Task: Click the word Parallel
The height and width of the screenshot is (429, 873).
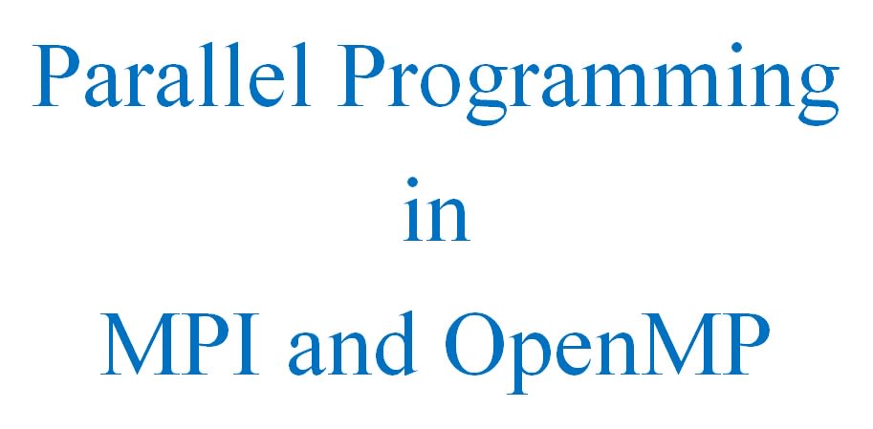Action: [171, 75]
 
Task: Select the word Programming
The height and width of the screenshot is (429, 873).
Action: [588, 83]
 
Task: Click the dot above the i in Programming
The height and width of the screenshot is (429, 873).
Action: [736, 48]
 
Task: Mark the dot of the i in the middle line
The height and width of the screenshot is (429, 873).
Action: [412, 182]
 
